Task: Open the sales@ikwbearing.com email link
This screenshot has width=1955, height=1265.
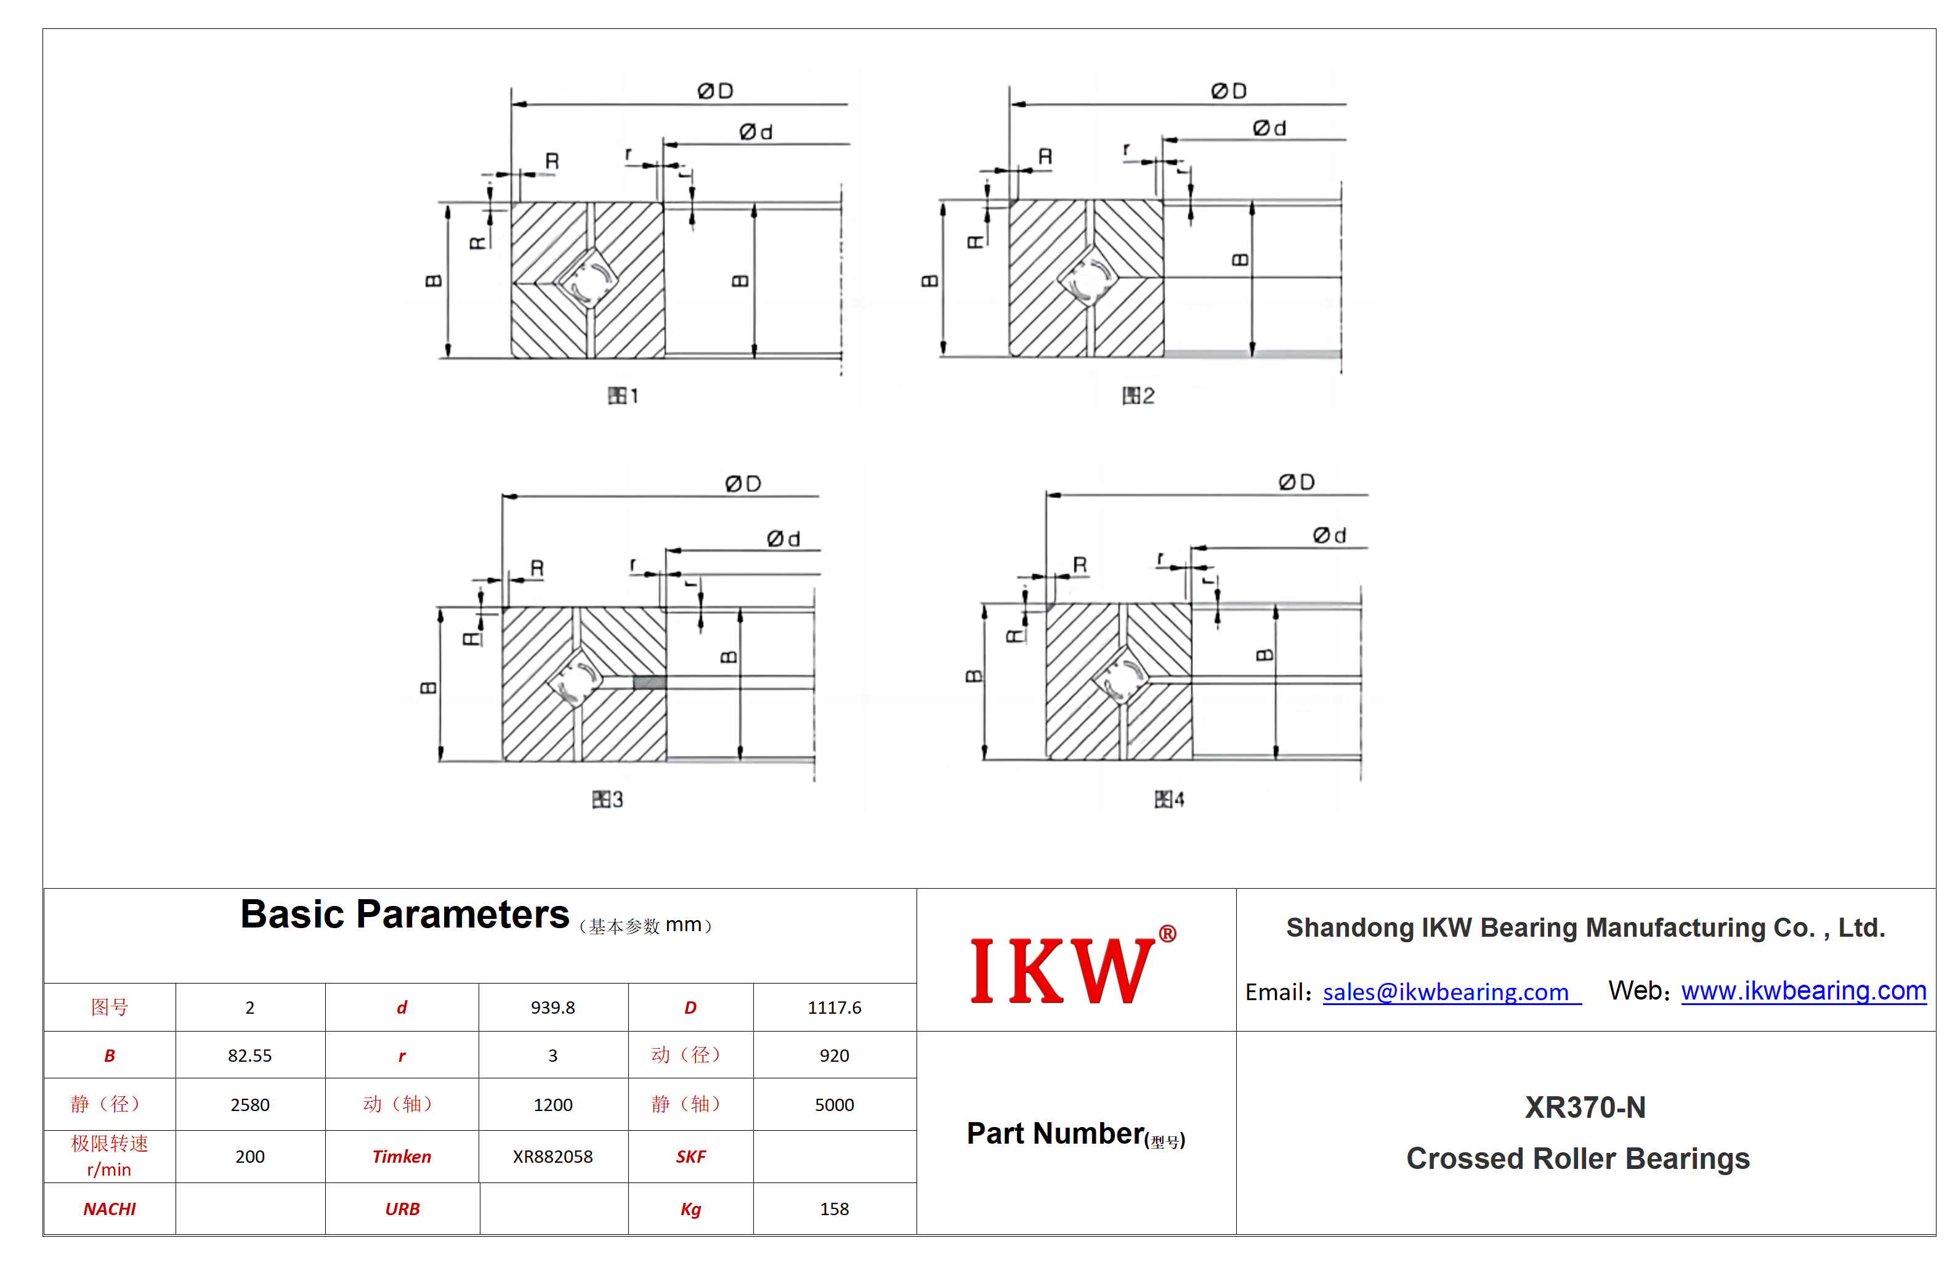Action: tap(1451, 992)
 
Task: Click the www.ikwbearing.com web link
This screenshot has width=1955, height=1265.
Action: tap(1803, 991)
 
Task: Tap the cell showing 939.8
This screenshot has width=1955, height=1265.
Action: tap(553, 1007)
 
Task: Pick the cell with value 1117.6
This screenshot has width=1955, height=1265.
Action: tap(835, 1007)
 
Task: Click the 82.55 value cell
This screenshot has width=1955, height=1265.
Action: tap(249, 1055)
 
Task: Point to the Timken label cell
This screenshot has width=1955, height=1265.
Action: tap(402, 1157)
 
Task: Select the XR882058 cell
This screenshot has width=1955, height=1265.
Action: tap(553, 1157)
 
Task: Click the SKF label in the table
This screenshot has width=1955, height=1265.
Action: tap(691, 1157)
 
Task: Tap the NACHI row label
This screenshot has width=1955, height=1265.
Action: tap(109, 1208)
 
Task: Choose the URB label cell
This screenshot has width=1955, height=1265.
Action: tap(402, 1208)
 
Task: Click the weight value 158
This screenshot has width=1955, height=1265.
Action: tap(835, 1208)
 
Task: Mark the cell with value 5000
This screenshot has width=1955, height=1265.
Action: tap(835, 1105)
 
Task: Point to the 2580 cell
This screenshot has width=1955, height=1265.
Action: tap(249, 1105)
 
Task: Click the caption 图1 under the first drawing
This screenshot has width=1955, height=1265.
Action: tap(623, 396)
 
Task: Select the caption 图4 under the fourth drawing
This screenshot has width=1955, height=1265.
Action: tap(1170, 799)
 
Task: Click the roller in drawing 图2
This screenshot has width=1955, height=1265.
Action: tap(1088, 278)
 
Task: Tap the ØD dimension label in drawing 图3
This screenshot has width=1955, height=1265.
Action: tap(743, 484)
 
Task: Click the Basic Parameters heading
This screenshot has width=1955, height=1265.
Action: tap(404, 914)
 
